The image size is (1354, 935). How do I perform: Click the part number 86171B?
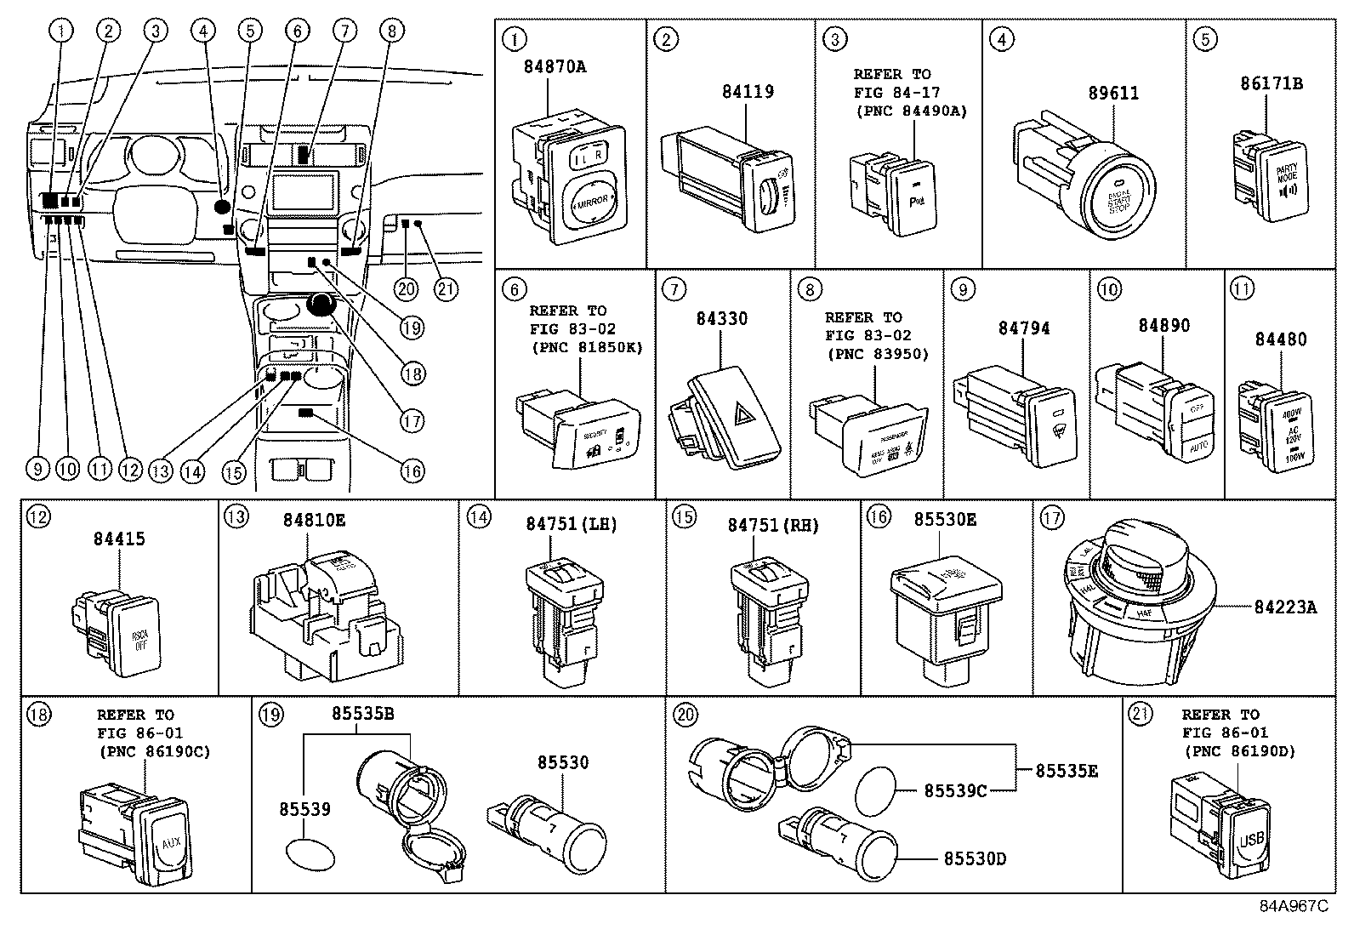(x=1271, y=84)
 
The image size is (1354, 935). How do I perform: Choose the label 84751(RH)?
(x=772, y=526)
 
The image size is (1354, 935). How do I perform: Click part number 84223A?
(x=1285, y=607)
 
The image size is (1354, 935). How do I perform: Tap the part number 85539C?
(x=955, y=791)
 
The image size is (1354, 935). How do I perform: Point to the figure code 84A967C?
(x=1293, y=906)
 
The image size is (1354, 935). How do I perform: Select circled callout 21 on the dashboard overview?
(x=446, y=289)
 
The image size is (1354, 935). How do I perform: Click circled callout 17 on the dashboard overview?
(x=412, y=420)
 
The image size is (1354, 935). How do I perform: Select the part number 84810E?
(x=314, y=519)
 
